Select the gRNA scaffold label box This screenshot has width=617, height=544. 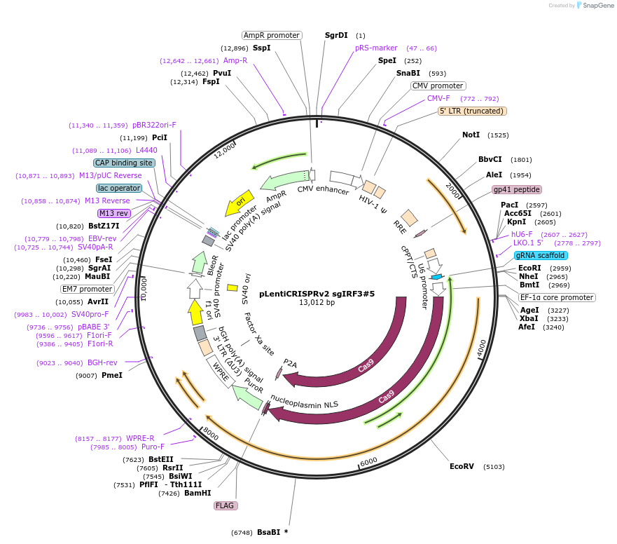tap(541, 255)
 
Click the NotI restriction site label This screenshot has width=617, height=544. tap(471, 135)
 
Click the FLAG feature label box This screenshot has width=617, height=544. tap(226, 505)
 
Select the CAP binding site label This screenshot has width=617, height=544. tap(124, 163)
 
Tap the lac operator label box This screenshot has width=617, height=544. tap(119, 188)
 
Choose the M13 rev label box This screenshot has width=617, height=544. tap(113, 213)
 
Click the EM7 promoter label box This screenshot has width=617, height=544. tap(88, 288)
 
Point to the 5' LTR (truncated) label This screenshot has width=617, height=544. tap(472, 111)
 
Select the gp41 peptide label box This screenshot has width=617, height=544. tap(517, 189)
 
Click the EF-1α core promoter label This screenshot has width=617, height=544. tap(557, 297)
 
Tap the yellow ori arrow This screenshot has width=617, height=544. tap(237, 205)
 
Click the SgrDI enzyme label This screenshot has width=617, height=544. tap(336, 35)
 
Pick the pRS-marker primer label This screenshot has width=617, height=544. tap(376, 48)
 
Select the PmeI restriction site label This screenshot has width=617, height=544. tap(112, 375)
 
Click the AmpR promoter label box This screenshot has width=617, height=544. tap(272, 35)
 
